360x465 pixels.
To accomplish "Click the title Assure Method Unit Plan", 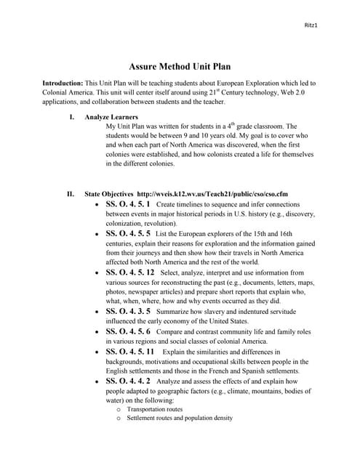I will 180,65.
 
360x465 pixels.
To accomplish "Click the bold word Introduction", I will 63,84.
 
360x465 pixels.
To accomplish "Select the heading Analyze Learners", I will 111,116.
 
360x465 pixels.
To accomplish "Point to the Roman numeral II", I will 71,195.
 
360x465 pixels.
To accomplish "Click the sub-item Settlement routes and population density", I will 179,418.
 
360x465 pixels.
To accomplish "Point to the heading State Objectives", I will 109,195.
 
